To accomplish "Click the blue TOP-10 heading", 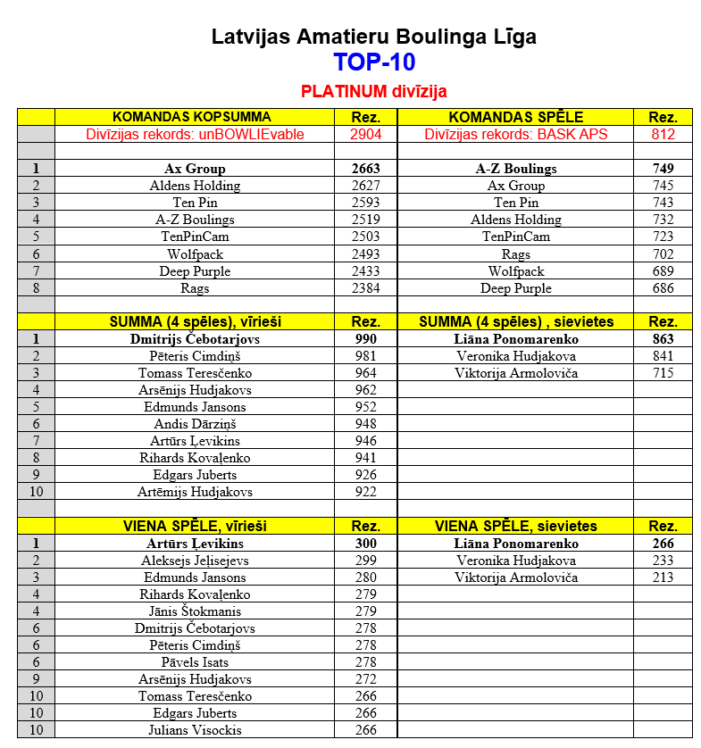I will (x=374, y=62).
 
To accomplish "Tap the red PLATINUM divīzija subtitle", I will (x=374, y=91).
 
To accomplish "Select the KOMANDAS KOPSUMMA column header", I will (x=192, y=117).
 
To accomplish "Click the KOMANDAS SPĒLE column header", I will (x=516, y=117).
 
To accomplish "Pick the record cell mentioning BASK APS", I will (x=516, y=134).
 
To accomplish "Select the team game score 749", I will (x=663, y=169).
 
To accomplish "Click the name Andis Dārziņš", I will (x=195, y=424).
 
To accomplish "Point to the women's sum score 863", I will (x=663, y=339).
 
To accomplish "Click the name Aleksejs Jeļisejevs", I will (x=195, y=561).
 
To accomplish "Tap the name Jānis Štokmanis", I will (x=195, y=611).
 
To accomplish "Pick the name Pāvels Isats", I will (x=195, y=662).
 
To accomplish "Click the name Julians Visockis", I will (x=195, y=730).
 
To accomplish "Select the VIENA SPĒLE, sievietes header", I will (x=516, y=527).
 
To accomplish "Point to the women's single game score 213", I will (x=663, y=578).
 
